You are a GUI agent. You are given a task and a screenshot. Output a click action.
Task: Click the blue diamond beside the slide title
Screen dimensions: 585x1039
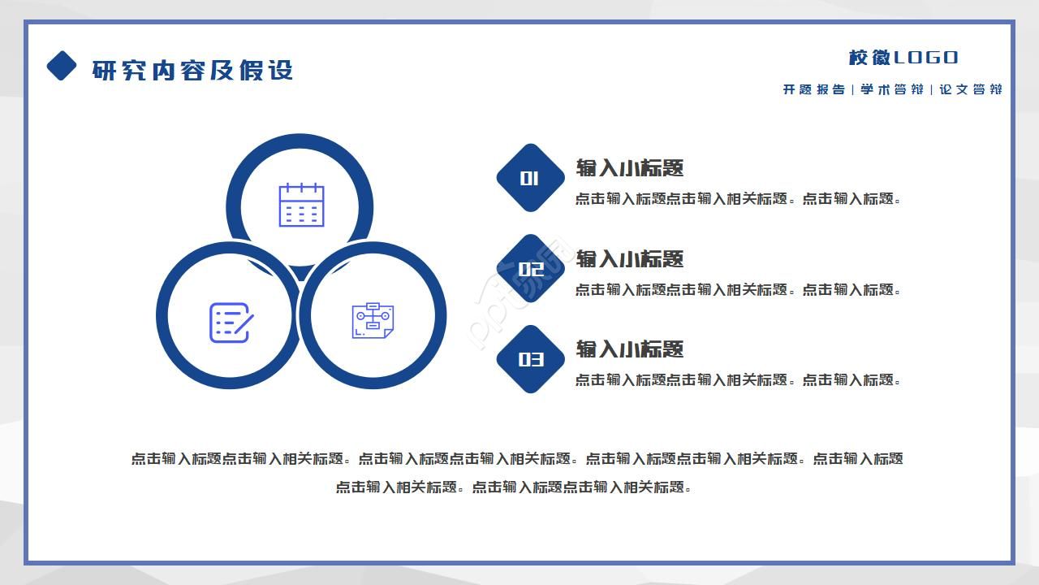(x=62, y=66)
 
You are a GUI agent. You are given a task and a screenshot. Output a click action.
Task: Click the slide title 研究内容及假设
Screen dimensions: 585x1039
(x=192, y=70)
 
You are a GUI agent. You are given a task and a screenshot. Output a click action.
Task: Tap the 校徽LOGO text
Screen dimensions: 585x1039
(x=903, y=58)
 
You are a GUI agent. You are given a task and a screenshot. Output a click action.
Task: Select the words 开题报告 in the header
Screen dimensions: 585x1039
(x=813, y=89)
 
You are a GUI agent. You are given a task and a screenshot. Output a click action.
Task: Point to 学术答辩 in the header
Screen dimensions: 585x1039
(x=891, y=89)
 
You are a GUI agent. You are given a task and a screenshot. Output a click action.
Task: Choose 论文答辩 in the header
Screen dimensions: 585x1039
(x=970, y=89)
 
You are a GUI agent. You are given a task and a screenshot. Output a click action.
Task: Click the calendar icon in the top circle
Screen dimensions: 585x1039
(x=301, y=205)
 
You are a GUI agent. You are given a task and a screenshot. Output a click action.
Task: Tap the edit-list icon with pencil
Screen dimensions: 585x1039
(x=231, y=323)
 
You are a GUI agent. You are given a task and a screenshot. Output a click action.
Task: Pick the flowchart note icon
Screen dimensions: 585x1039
(x=373, y=321)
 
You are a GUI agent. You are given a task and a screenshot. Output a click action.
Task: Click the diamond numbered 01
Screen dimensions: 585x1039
(x=530, y=178)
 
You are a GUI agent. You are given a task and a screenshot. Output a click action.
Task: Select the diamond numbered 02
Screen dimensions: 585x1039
(x=531, y=269)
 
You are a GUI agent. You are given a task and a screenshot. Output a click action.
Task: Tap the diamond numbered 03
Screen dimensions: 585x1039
(x=531, y=359)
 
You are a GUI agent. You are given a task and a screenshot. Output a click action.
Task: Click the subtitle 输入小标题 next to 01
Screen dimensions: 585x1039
(x=630, y=168)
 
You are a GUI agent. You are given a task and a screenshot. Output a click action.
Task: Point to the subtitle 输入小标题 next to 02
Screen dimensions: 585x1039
(x=630, y=259)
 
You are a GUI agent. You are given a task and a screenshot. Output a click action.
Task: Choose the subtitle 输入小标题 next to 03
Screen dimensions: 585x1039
(x=630, y=349)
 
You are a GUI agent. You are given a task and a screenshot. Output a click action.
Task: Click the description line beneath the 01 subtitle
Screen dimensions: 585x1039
(x=738, y=199)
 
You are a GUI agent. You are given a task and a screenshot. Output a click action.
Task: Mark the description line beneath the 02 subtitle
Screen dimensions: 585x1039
(x=738, y=290)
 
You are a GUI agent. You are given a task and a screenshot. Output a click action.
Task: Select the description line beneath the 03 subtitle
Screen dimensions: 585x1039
(x=738, y=380)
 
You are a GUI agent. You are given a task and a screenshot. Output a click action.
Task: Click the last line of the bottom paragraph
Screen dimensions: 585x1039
(x=513, y=487)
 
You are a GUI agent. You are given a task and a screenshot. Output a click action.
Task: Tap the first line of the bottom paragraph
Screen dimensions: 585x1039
(x=517, y=459)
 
